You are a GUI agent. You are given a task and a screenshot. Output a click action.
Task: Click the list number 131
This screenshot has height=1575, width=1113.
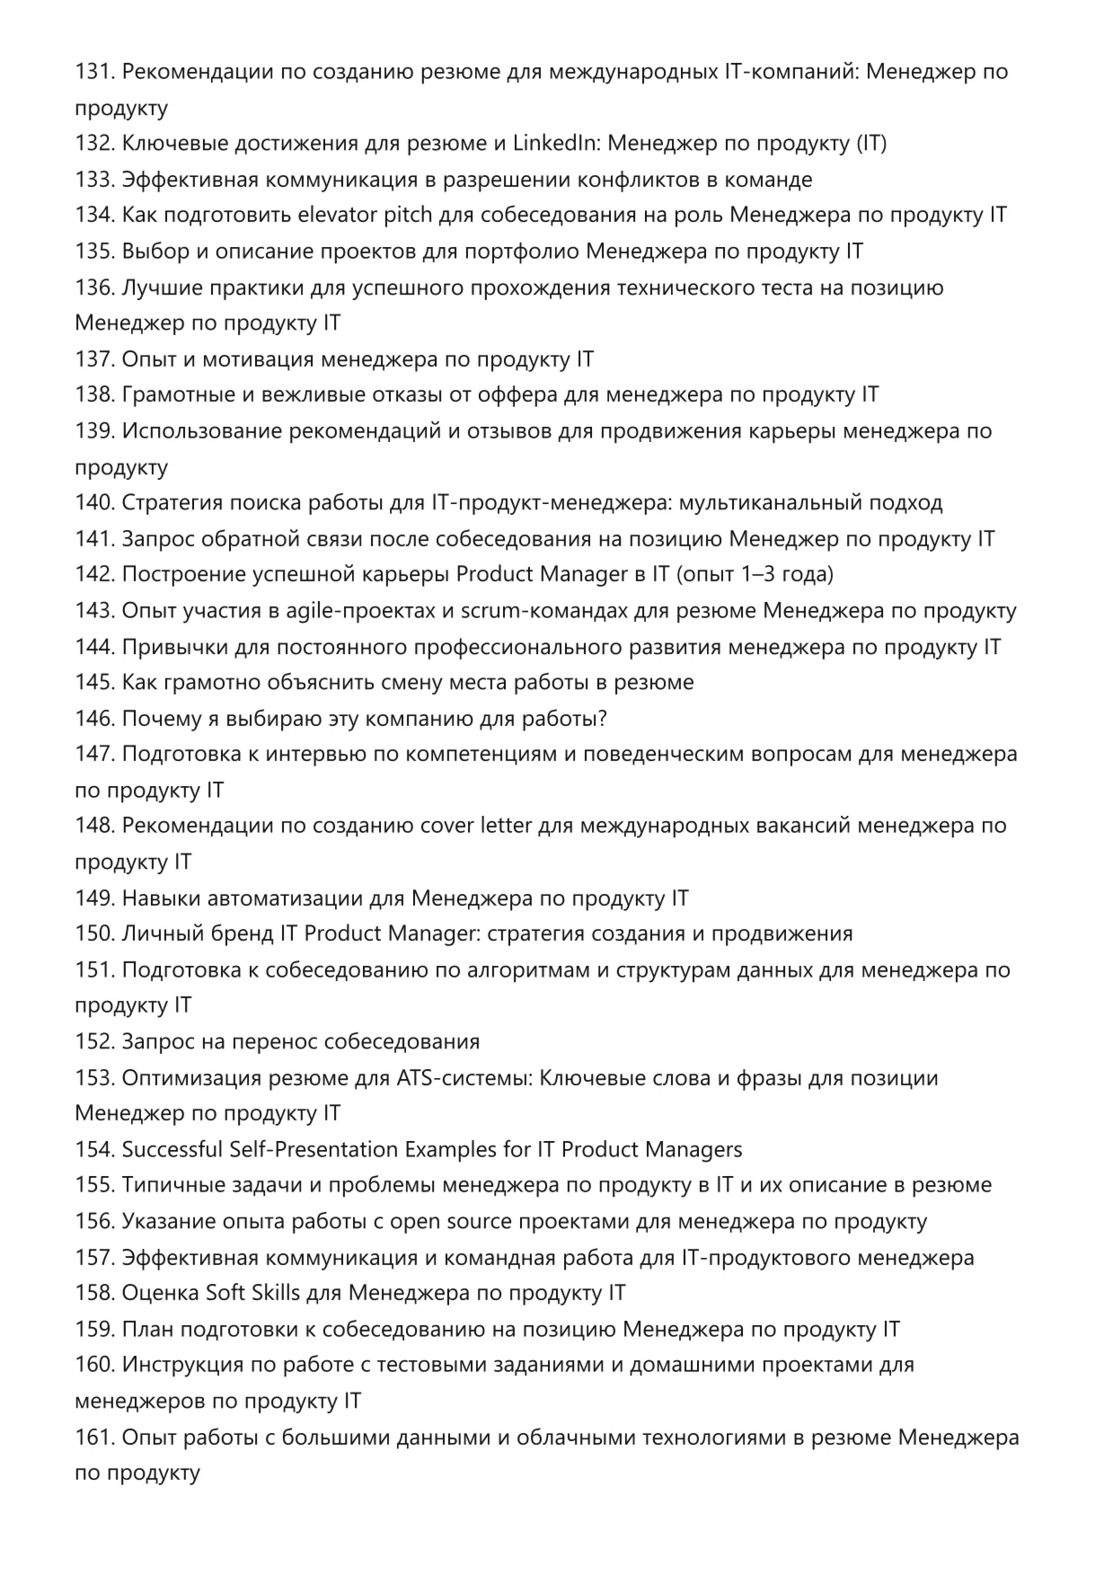tap(93, 72)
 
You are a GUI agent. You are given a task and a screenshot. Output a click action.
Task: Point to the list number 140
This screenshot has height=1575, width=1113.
tap(94, 503)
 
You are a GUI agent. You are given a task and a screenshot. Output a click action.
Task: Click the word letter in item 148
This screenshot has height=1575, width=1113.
tap(507, 826)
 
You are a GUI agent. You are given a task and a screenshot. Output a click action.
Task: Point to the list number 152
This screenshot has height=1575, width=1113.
tap(94, 1041)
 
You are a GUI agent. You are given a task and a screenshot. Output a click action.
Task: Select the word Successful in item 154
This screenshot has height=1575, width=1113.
tap(172, 1149)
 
